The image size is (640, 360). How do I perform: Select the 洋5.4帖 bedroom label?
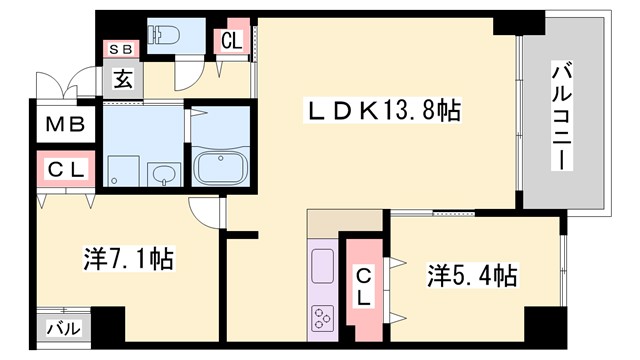pos(472,273)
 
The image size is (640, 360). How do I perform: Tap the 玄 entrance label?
pos(121,79)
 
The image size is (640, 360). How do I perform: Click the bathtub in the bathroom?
pos(220,166)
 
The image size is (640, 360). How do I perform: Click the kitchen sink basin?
pos(324,268)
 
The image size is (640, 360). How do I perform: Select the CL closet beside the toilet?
pos(232,41)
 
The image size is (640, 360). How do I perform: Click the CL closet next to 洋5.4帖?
pos(364,286)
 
